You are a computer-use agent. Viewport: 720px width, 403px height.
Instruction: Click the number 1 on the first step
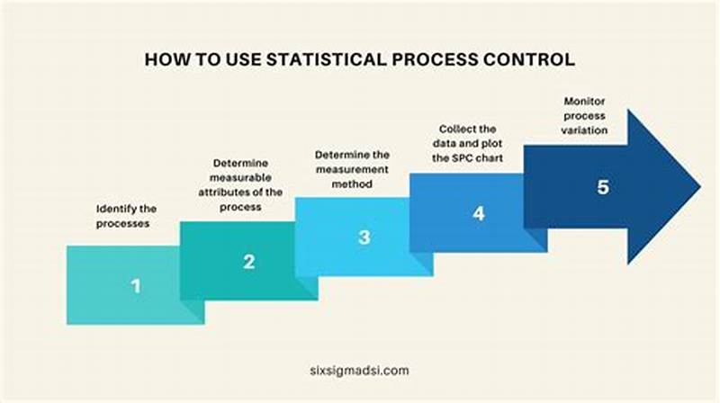[136, 286]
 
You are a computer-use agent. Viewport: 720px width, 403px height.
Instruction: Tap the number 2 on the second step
[249, 262]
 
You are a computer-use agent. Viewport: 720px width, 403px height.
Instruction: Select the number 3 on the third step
[364, 237]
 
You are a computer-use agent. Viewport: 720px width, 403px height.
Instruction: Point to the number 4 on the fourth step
[479, 214]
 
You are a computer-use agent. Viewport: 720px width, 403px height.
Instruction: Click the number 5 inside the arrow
[602, 187]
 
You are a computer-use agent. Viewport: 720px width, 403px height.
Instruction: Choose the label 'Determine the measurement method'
[352, 168]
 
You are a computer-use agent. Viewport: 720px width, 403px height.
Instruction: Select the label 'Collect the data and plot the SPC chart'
[466, 142]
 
